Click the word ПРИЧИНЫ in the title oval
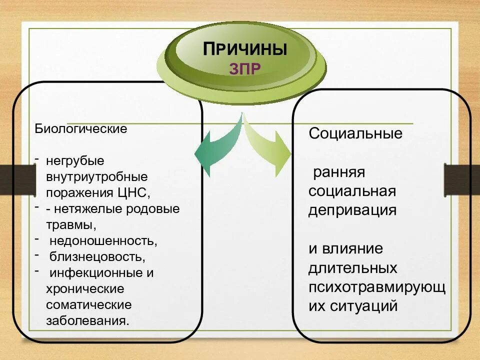[x=245, y=49]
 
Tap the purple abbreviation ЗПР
[x=245, y=68]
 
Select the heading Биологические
[x=80, y=129]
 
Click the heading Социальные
[x=355, y=133]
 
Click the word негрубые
[x=75, y=161]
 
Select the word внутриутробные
[x=96, y=176]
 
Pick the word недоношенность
[x=103, y=241]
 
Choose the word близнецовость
[x=97, y=257]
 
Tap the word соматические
[x=89, y=304]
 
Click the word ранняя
[x=339, y=172]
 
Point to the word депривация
[x=352, y=210]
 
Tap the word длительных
[x=352, y=268]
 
